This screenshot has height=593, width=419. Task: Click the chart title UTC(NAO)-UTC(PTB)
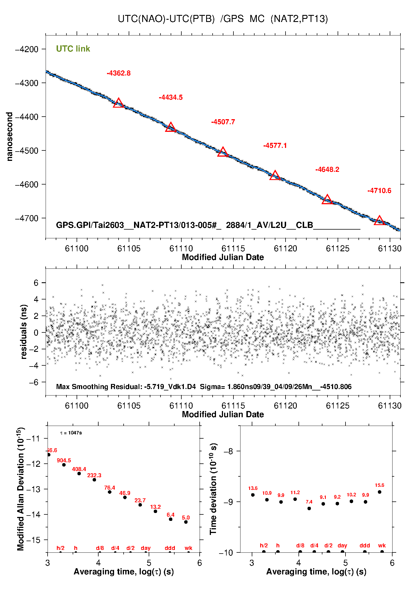tap(166, 19)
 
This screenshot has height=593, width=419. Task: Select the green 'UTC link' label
tap(73, 49)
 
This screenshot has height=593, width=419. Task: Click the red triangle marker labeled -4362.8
tap(119, 103)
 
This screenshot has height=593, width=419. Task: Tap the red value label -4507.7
tap(223, 122)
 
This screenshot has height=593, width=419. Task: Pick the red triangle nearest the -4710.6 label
tap(379, 221)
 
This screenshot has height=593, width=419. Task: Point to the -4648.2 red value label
tap(327, 169)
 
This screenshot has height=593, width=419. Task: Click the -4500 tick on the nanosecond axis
tap(27, 151)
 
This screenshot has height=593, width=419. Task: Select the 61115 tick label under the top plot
tap(233, 248)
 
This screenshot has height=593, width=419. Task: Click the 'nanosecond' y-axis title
tap(10, 137)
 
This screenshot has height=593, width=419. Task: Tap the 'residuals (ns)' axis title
tap(24, 332)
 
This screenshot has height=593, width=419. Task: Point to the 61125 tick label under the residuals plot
tap(338, 406)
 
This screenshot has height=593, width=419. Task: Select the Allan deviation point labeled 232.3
tap(94, 480)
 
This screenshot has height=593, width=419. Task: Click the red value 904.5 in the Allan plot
tap(64, 460)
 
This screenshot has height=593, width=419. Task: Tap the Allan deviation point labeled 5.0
tap(186, 522)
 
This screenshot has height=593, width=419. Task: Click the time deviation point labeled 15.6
tap(380, 492)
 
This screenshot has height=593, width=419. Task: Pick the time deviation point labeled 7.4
tap(309, 508)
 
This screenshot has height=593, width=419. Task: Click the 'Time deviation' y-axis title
tap(213, 489)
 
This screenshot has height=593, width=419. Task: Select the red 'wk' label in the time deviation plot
tap(382, 546)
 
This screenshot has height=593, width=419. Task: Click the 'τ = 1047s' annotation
tap(71, 433)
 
